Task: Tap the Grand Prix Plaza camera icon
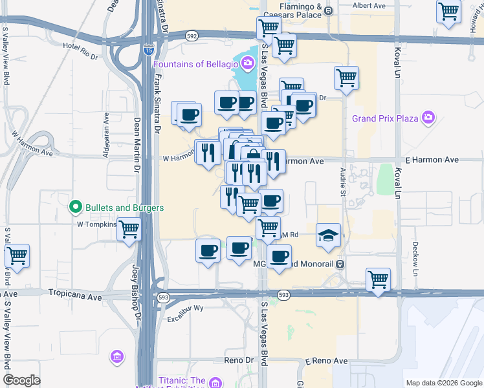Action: coord(427,118)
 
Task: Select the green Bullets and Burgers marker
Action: coord(75,208)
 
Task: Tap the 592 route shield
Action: coord(192,36)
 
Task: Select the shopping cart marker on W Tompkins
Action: coord(129,228)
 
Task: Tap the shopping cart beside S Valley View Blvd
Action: coord(17,255)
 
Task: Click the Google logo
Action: coord(22,380)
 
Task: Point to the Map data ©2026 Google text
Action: coord(443,383)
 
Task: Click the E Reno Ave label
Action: coord(326,360)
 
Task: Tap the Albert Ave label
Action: coord(369,6)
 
